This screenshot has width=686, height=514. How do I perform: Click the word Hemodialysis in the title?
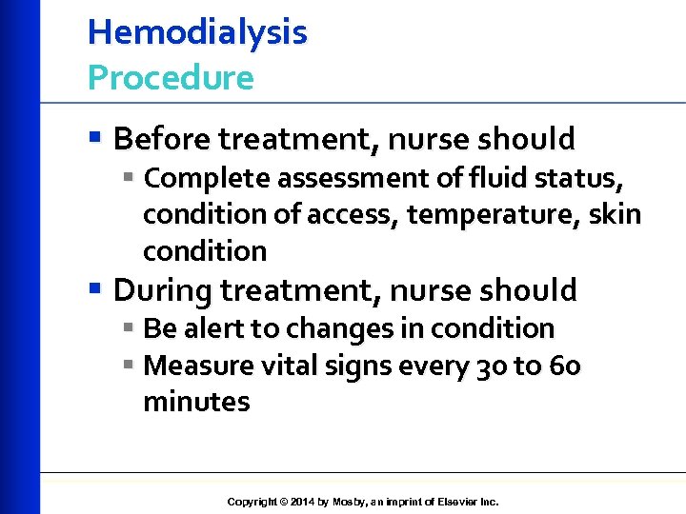tap(197, 33)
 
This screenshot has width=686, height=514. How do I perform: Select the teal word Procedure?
tap(171, 78)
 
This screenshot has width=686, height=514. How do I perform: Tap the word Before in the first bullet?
tap(162, 139)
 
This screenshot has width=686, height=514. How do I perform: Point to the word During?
tap(161, 289)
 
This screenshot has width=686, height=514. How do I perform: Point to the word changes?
tap(336, 328)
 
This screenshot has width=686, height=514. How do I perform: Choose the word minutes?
tap(196, 402)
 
